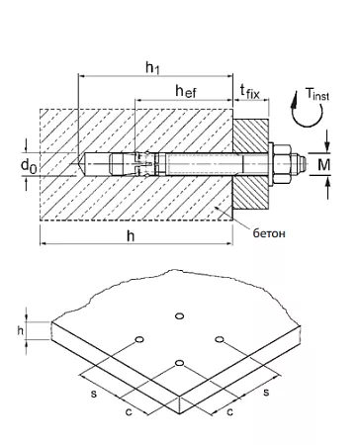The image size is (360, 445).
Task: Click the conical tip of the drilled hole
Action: tap(79, 160)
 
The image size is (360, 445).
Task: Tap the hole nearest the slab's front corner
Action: tap(179, 364)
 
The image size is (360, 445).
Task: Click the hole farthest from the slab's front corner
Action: tap(179, 316)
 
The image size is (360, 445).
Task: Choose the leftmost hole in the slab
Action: tap(138, 341)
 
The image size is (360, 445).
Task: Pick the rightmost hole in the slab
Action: tap(220, 341)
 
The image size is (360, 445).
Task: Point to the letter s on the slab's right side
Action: tap(267, 393)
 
